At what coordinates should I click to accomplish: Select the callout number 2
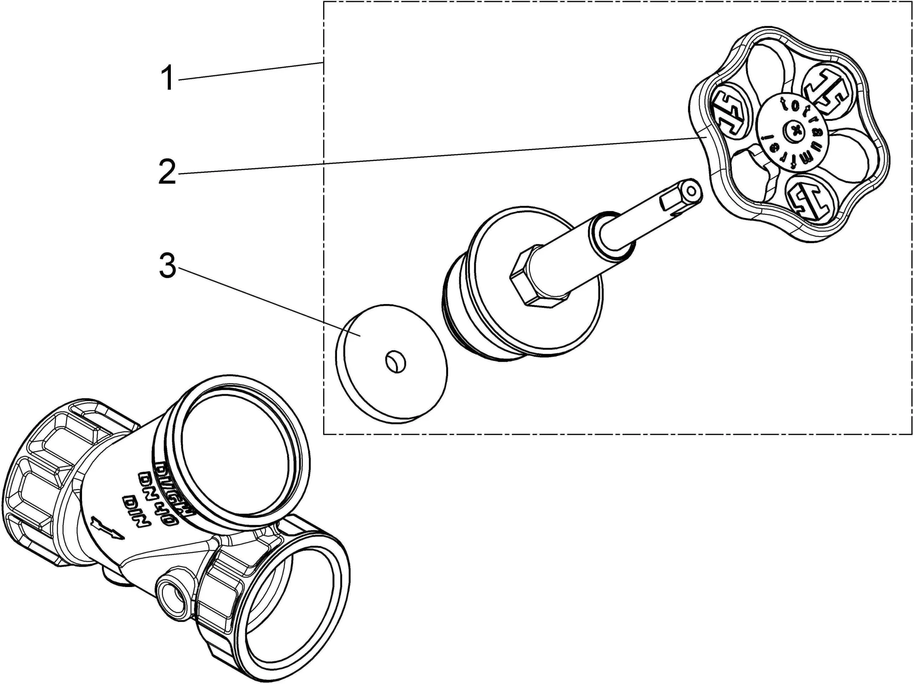167,172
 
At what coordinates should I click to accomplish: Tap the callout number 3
168,266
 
